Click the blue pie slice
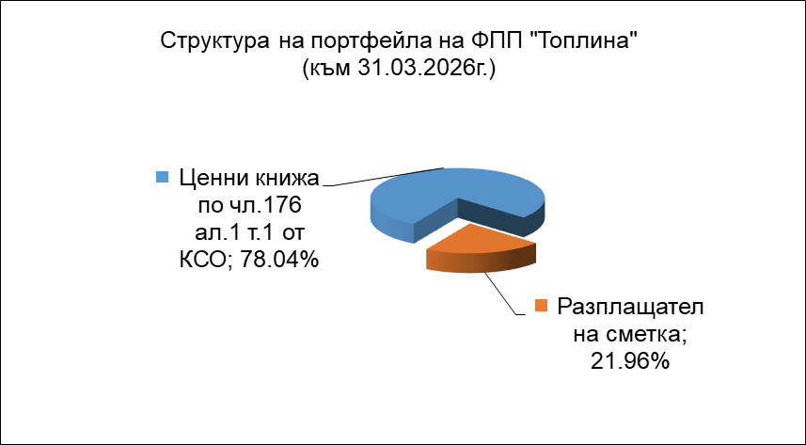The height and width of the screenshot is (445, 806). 411,200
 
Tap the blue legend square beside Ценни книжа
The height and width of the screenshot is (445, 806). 163,178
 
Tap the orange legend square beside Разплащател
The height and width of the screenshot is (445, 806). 542,306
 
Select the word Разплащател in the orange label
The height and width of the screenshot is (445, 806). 631,309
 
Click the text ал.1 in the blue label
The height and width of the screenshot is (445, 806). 213,233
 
